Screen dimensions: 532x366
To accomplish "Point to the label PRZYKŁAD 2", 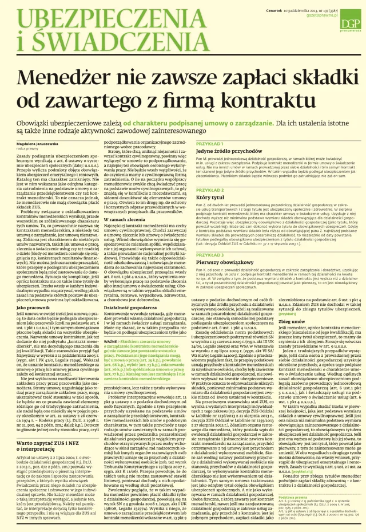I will (209, 190).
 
